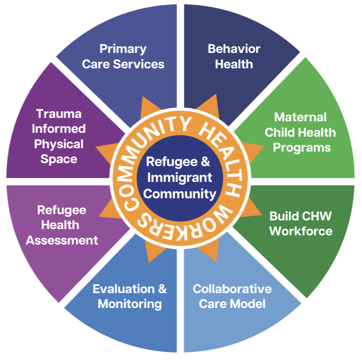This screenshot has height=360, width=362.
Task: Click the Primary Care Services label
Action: (x=123, y=56)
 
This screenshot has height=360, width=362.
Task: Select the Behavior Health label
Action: (x=234, y=56)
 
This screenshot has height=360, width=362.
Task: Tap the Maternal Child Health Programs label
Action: (x=300, y=132)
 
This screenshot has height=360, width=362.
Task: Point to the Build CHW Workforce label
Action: (x=300, y=223)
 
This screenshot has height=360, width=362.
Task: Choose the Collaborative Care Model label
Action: (x=232, y=296)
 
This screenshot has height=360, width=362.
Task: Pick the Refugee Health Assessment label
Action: (x=62, y=225)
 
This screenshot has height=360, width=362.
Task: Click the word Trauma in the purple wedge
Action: (x=59, y=114)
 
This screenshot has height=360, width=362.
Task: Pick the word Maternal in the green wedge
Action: (x=300, y=117)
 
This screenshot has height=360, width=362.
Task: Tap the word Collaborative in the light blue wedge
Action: (x=232, y=289)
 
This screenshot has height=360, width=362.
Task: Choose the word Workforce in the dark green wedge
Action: (x=300, y=231)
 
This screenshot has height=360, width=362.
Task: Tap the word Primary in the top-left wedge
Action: (x=123, y=49)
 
